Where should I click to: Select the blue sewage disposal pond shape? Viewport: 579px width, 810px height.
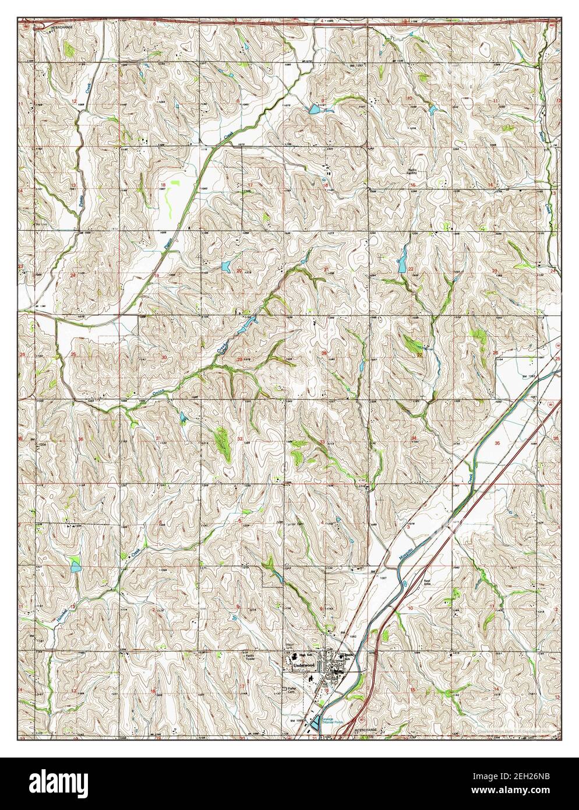click(315, 723)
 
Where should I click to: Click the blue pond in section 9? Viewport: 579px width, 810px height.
click(315, 108)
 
